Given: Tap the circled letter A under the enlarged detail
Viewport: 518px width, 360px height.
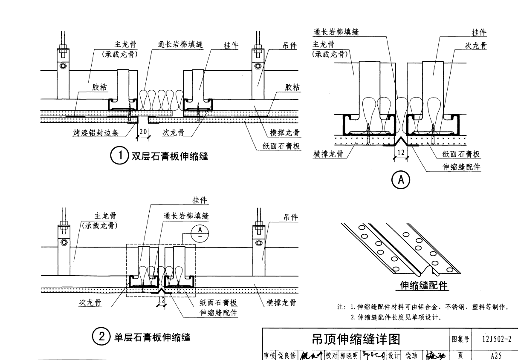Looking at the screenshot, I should coord(401,180).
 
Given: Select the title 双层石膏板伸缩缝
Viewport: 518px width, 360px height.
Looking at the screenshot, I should coord(170,156).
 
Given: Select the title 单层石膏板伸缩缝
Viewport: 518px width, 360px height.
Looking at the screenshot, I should coord(152,337).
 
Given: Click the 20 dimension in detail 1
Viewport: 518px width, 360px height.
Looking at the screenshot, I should coord(143,132).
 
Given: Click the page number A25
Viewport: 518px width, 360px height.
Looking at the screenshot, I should coord(496,354).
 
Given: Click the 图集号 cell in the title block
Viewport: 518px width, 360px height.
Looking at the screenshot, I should coord(461,339).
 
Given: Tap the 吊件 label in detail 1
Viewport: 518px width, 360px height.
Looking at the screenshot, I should coord(290,46).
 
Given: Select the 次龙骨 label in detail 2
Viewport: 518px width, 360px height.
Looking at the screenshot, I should coord(90,302).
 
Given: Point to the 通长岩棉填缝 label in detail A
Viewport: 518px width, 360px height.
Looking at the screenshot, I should coord(336,32).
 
